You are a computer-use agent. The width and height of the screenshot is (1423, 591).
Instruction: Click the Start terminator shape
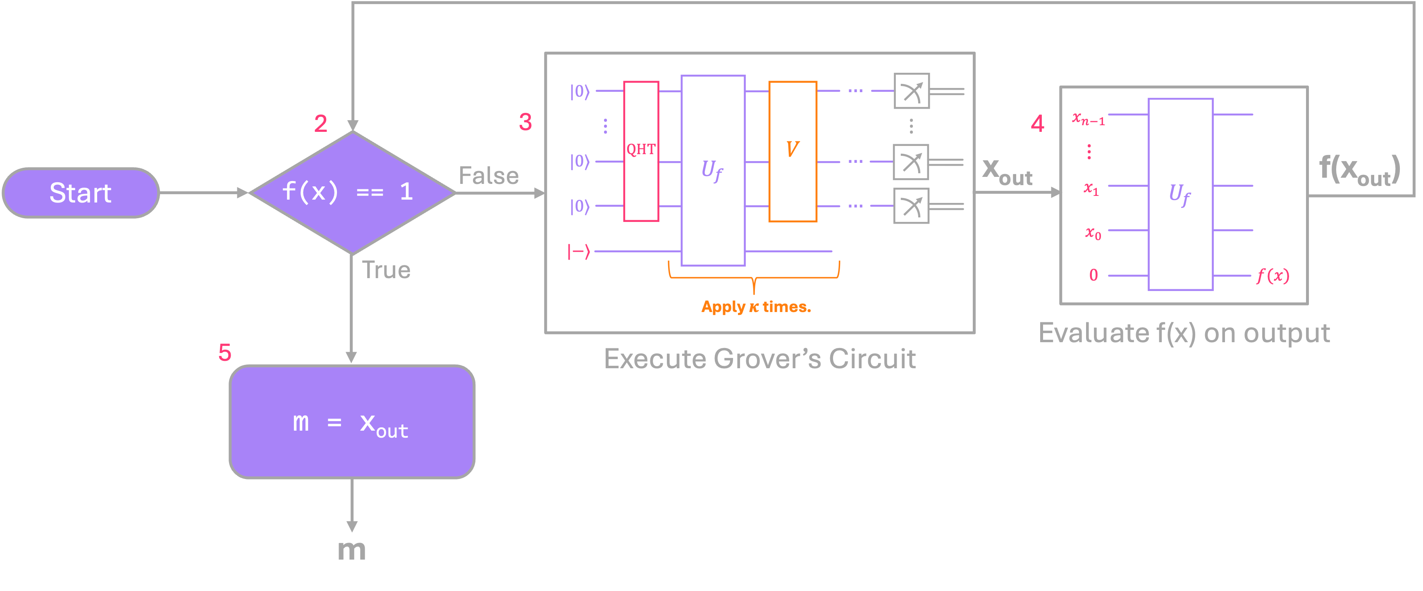[x=81, y=193]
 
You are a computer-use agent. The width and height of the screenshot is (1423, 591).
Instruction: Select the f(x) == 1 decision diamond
[x=352, y=192]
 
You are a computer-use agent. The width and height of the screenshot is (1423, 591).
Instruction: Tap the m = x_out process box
[x=352, y=422]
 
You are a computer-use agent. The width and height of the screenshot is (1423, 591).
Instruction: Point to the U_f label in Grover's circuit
[x=712, y=170]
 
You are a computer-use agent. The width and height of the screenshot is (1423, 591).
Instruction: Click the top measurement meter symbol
[x=912, y=91]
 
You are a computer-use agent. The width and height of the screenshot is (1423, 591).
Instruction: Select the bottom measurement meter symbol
[x=912, y=206]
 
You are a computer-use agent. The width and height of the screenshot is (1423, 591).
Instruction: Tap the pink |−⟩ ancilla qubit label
[x=579, y=252]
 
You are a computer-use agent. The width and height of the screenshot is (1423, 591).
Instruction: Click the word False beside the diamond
[x=488, y=176]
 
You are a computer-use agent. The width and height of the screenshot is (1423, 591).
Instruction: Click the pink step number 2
[x=320, y=123]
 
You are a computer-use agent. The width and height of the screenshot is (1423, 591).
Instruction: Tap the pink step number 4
[x=1037, y=123]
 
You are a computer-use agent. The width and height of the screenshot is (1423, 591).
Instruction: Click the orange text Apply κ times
[x=756, y=307]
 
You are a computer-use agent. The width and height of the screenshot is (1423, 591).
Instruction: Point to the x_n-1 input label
[x=1088, y=118]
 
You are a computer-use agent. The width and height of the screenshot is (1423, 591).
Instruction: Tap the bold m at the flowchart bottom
[x=352, y=550]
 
